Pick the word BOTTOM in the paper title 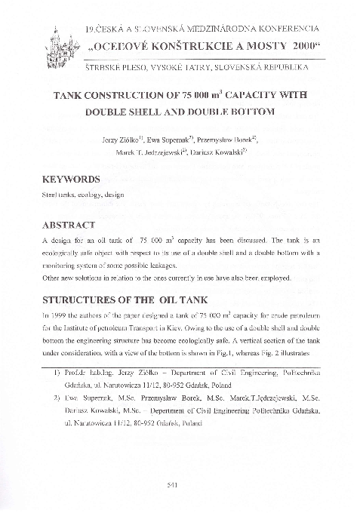[250, 112]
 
